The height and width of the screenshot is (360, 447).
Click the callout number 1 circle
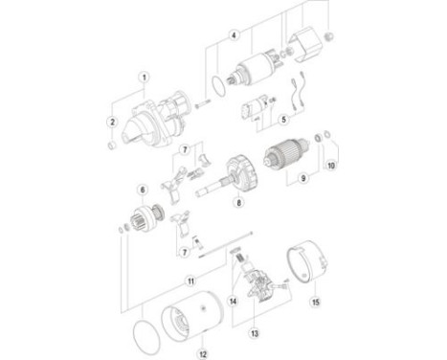143,77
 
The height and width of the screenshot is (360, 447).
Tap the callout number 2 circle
112,122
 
